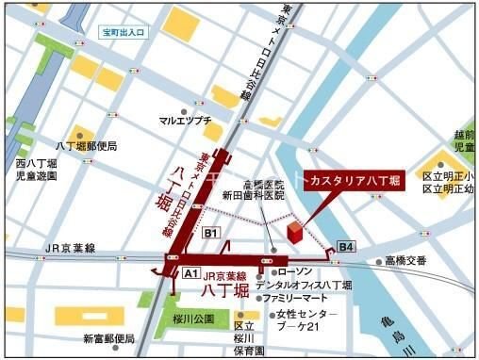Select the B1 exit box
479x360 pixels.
[211, 234]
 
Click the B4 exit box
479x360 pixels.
[346, 248]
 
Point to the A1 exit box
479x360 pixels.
[190, 272]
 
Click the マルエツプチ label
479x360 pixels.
[186, 120]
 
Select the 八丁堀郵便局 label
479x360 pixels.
[87, 147]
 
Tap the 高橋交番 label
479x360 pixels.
[405, 261]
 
